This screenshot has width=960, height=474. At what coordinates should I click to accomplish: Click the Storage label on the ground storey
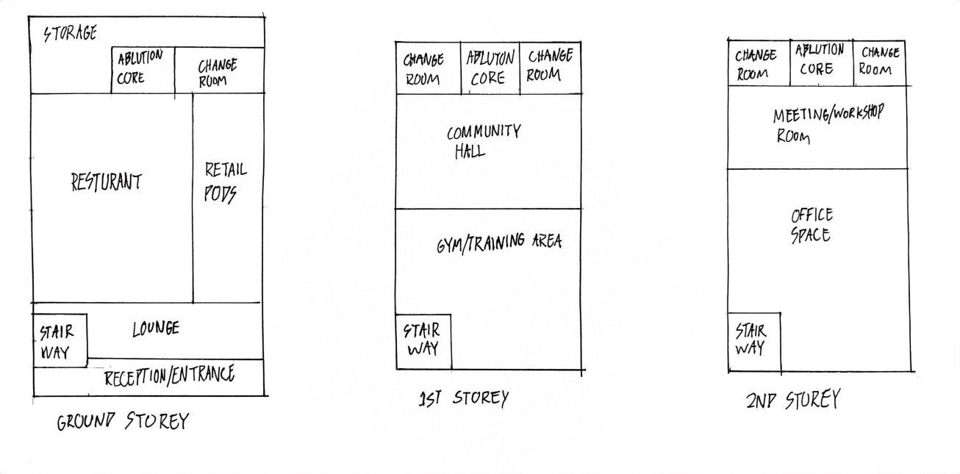coord(70,33)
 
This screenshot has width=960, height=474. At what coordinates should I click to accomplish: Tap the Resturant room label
coord(106,182)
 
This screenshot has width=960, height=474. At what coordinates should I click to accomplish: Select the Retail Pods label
coord(225,182)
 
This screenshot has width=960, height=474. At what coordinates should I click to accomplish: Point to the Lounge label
coord(155,328)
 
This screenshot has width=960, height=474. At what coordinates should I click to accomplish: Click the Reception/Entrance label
coord(169,377)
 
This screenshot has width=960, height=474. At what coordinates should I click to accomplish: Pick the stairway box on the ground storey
coord(60,340)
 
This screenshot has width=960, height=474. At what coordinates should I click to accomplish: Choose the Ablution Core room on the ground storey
coord(142,69)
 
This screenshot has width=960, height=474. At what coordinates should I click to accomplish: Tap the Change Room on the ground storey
coord(218,72)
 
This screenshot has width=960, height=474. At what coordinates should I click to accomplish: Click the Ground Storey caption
coord(123,422)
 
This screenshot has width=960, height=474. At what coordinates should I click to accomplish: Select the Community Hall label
coord(483,142)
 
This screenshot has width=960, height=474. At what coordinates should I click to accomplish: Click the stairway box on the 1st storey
coord(423,341)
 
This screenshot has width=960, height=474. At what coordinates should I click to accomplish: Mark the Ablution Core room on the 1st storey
coord(490,68)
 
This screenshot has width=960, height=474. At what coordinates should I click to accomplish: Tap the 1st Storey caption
coord(463,399)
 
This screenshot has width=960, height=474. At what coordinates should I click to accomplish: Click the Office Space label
coord(812,225)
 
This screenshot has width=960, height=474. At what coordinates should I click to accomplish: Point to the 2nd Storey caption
coord(792,401)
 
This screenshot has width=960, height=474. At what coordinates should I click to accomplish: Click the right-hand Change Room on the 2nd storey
coord(879,62)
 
